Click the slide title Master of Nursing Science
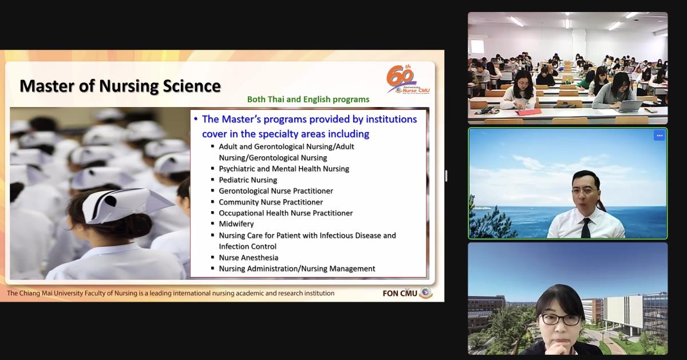[120, 86]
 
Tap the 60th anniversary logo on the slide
[408, 80]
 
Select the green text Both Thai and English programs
[308, 100]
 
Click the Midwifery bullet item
[236, 224]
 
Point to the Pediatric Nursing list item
[248, 180]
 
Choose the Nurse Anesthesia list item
[248, 258]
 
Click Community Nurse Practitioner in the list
[271, 202]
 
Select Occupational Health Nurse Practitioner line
[286, 213]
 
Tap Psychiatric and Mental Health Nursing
[284, 169]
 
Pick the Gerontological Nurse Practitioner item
[276, 191]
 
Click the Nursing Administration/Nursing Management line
[297, 268]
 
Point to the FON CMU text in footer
[400, 294]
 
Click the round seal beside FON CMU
[426, 292]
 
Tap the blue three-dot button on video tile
[660, 136]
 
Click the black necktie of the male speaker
[586, 228]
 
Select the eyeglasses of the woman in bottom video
[560, 319]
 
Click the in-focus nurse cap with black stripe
[123, 204]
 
